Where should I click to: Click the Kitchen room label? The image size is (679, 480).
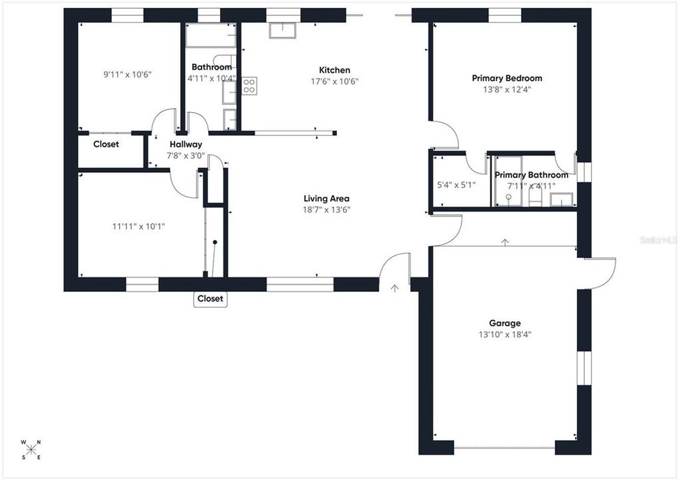(x=334, y=70)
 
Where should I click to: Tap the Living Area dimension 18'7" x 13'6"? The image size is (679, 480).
(x=326, y=209)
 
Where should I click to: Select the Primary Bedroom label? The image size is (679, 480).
(x=507, y=78)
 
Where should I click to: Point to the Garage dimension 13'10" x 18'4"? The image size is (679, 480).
(x=505, y=334)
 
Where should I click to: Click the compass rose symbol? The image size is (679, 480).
(x=31, y=449)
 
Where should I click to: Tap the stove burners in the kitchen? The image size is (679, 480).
(x=249, y=85)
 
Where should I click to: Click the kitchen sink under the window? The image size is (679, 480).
(x=283, y=31)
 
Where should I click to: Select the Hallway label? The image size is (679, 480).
(x=185, y=144)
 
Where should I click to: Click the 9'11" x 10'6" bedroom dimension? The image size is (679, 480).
(x=127, y=75)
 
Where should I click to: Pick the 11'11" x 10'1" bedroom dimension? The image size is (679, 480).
(x=139, y=226)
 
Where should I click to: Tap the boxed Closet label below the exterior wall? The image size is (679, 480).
(x=210, y=299)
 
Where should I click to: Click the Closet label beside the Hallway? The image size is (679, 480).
(x=106, y=144)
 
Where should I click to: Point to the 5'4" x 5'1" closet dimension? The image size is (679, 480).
(x=455, y=185)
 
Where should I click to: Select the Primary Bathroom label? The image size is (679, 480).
(x=531, y=175)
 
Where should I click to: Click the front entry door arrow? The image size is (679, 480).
(x=395, y=288)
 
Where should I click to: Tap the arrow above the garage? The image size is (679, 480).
(x=505, y=241)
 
